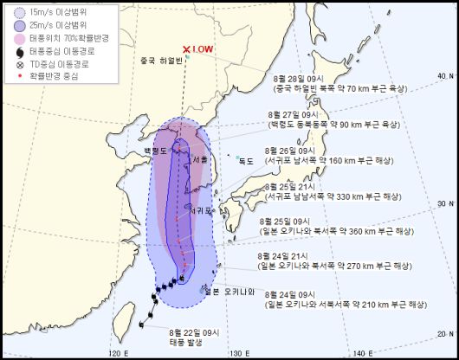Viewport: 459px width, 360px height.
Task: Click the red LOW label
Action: click(x=203, y=49)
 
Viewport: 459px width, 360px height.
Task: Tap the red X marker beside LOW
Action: click(x=186, y=50)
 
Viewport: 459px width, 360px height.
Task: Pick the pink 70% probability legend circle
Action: click(x=17, y=39)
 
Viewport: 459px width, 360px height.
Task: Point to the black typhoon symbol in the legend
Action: click(x=17, y=51)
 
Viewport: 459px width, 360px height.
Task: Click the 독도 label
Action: click(x=247, y=160)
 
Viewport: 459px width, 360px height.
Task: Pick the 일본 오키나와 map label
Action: click(x=234, y=292)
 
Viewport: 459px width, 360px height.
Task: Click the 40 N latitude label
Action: click(x=445, y=76)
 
